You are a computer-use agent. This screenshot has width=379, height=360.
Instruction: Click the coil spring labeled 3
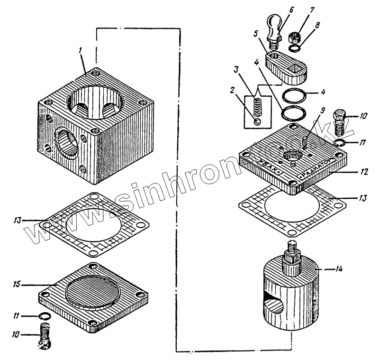point(257,107)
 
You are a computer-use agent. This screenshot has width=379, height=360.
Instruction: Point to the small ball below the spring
point(256,121)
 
